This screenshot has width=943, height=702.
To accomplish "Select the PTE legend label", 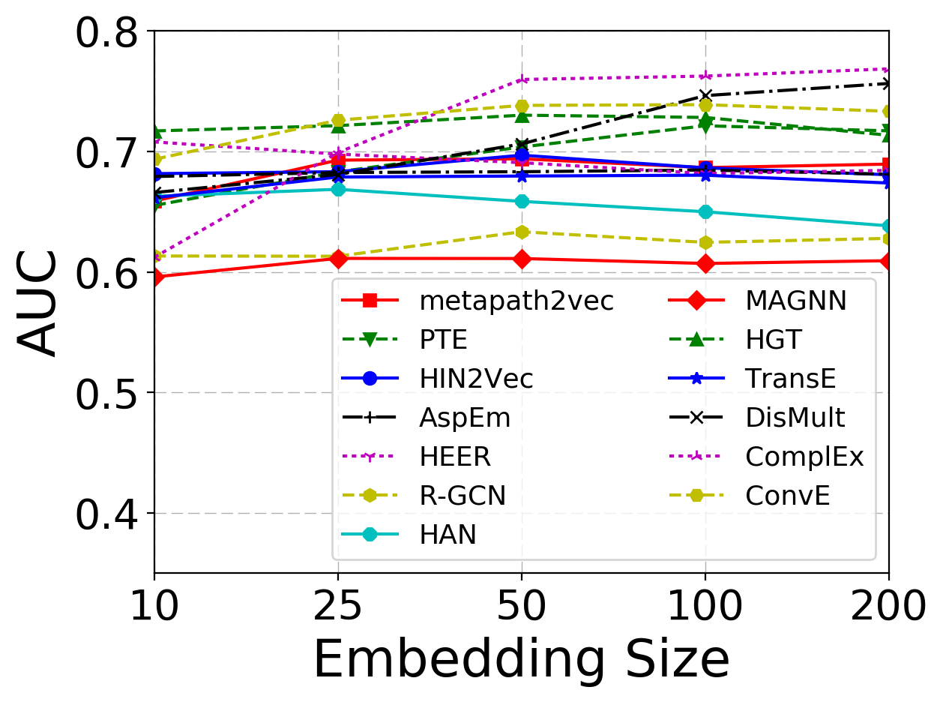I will click(443, 340).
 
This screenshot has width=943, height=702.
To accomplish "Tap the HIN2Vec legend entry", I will click(476, 379).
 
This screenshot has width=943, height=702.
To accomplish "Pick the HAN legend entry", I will click(448, 535).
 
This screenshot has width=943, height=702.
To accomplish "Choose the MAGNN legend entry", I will click(795, 301).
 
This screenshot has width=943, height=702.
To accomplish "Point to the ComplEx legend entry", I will click(804, 457).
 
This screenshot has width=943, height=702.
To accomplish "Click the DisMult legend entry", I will click(800, 418).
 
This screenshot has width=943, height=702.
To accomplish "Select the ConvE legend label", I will click(787, 496).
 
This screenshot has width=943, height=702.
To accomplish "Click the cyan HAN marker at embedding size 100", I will click(705, 211).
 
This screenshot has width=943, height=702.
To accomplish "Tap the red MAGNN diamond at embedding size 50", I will click(522, 259).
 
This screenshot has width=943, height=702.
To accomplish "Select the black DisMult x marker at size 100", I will click(705, 95).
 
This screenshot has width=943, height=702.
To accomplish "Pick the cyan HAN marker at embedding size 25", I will click(338, 190).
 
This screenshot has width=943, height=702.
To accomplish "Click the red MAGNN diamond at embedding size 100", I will click(705, 263).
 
